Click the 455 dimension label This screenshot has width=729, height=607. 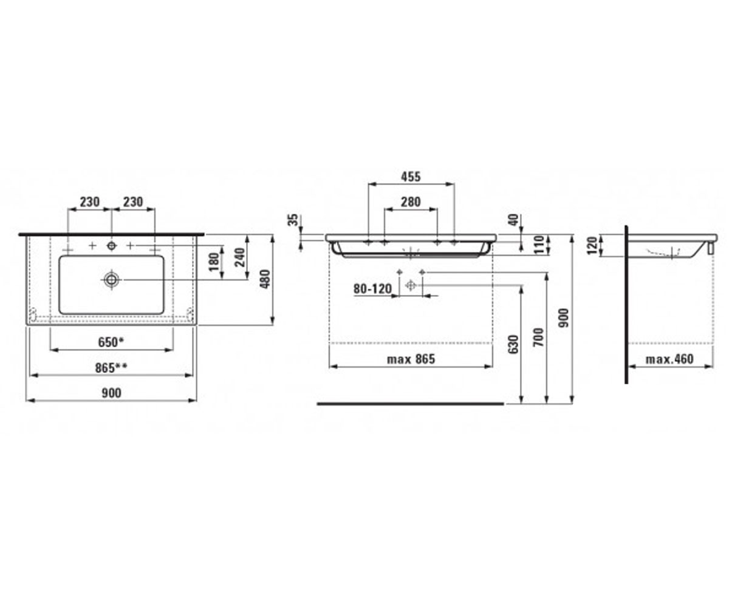tap(411, 177)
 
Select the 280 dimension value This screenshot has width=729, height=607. tap(411, 202)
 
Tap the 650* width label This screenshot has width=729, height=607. tap(111, 342)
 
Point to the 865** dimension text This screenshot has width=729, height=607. tap(111, 368)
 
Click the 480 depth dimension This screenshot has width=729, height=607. tap(265, 279)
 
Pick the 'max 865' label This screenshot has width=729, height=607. tap(411, 359)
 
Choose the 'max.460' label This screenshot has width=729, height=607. tap(669, 359)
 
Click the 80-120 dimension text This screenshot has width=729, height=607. tap(372, 289)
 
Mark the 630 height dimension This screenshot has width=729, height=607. tap(513, 345)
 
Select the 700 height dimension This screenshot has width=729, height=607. tap(539, 337)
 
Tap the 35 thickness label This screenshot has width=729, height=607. tap(294, 220)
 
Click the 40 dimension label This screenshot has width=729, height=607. tap(513, 220)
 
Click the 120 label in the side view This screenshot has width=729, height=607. tap(592, 246)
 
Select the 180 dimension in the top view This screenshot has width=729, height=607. tap(214, 261)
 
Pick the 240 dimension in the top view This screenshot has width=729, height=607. tap(240, 257)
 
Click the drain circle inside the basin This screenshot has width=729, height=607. tap(111, 279)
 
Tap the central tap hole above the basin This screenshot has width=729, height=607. tap(111, 246)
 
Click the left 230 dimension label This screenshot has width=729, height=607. tap(90, 202)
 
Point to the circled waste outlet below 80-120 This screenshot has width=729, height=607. tap(411, 285)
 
